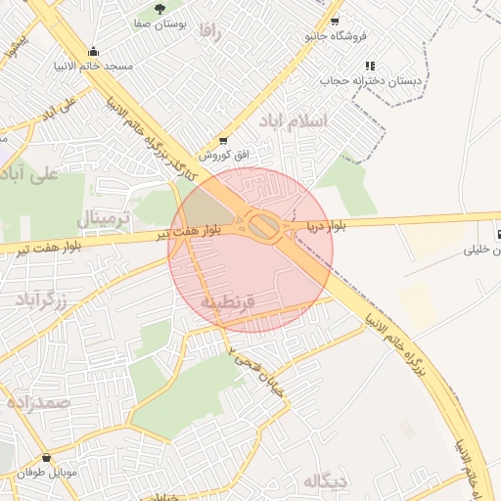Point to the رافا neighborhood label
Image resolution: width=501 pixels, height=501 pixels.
[x=209, y=31]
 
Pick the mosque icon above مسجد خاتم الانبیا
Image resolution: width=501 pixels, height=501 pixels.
[x=93, y=52]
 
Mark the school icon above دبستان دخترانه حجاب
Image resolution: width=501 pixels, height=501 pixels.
[x=370, y=66]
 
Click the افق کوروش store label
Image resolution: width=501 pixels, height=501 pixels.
[x=224, y=156]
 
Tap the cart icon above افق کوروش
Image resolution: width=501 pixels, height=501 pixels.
[x=224, y=141]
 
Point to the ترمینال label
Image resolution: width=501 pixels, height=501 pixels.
[x=103, y=218]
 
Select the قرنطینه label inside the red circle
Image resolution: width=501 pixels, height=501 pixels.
[x=227, y=302]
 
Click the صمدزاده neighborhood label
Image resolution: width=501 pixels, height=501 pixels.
[x=37, y=402]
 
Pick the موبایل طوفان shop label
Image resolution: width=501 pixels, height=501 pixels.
[x=46, y=473]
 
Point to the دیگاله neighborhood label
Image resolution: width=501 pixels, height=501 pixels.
[x=325, y=481]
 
